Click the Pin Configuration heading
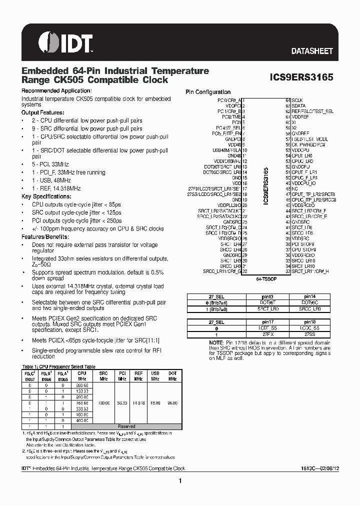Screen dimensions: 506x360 tap(208, 92)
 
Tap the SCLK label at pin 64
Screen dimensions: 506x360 tap(297, 100)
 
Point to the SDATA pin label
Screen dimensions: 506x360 tap(298, 106)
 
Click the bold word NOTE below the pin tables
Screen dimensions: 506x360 tap(216, 342)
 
